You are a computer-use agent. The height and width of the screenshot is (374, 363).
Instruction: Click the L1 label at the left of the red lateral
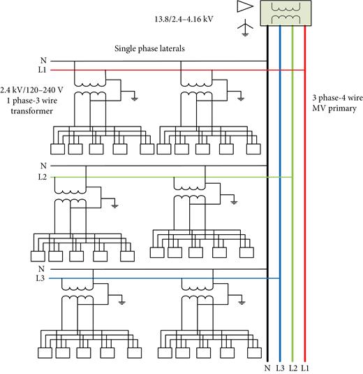pos(44,70)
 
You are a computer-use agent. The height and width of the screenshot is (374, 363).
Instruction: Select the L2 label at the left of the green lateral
pos(44,177)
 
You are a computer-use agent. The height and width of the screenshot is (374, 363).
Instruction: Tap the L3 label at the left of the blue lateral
pos(44,278)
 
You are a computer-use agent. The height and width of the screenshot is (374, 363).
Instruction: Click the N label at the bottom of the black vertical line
pos(267,367)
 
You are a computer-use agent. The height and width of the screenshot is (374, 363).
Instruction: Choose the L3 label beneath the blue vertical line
pos(280,367)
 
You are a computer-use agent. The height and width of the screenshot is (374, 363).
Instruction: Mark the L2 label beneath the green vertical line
pos(292,367)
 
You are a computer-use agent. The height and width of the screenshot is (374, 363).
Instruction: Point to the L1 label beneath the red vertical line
pos(305,367)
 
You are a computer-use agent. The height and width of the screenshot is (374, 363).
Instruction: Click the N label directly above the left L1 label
pos(43,60)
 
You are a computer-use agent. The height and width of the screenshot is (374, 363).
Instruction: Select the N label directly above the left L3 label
pos(43,268)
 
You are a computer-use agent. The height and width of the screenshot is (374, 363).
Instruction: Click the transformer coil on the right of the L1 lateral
pos(193,95)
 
